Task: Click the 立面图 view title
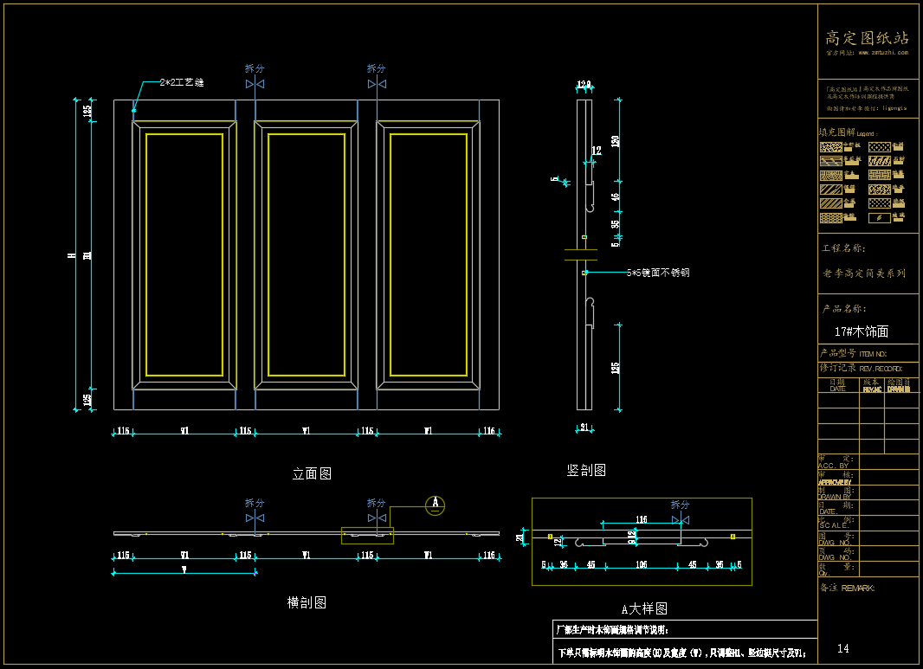coord(312,473)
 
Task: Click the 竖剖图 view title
coord(586,470)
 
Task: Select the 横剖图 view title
coord(307,602)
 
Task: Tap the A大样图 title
coord(644,609)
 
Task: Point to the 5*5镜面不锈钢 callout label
coord(658,273)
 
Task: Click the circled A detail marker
coord(436,505)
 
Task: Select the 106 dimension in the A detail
coord(642,564)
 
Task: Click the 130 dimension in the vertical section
coord(616,141)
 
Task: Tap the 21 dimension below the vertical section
coord(584,427)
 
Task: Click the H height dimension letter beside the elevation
coord(71,255)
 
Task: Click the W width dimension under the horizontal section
coord(184,569)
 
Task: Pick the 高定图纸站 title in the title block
coord(867,38)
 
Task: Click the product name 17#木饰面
coord(861,331)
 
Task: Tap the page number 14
coord(843,648)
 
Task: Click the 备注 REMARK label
coord(846,588)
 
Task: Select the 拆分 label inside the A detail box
coord(681,505)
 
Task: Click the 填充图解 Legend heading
coord(849,133)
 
